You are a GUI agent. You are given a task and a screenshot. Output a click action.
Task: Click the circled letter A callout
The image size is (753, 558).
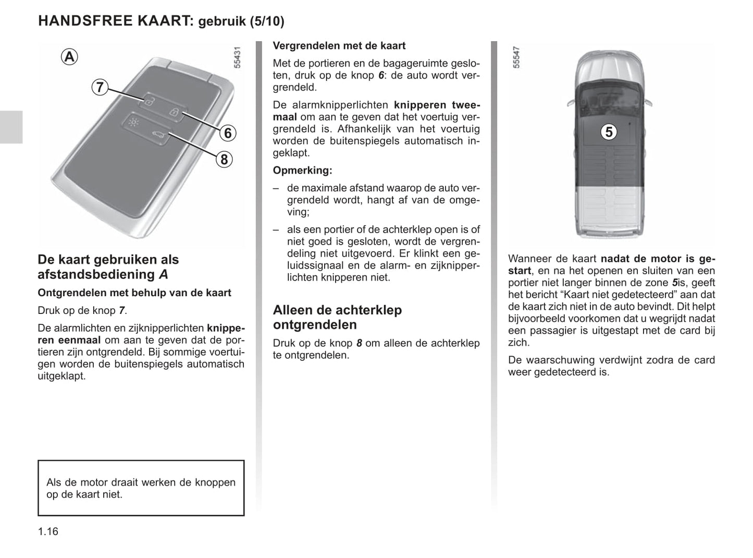69,56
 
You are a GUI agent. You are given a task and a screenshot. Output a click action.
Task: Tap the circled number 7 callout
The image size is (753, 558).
100,87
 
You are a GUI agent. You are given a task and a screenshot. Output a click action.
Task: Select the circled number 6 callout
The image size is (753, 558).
228,134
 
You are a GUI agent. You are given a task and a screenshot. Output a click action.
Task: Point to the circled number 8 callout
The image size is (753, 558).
224,159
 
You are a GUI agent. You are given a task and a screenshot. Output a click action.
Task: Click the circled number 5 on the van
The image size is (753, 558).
609,132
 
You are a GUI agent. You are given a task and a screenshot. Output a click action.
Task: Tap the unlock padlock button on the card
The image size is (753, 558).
149,101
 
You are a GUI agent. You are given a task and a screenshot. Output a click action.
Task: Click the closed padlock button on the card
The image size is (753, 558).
175,112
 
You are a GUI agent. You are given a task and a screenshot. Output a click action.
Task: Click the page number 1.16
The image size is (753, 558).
48,531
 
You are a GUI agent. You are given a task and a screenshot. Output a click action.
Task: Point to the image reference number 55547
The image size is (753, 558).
516,58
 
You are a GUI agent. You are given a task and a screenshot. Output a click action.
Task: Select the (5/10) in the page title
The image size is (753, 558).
266,21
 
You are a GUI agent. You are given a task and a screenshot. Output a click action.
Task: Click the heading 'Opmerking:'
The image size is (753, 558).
302,171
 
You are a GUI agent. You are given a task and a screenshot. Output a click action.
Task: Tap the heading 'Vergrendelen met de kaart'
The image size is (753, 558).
339,46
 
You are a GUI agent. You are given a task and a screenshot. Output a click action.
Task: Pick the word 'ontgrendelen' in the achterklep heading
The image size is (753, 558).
315,325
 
